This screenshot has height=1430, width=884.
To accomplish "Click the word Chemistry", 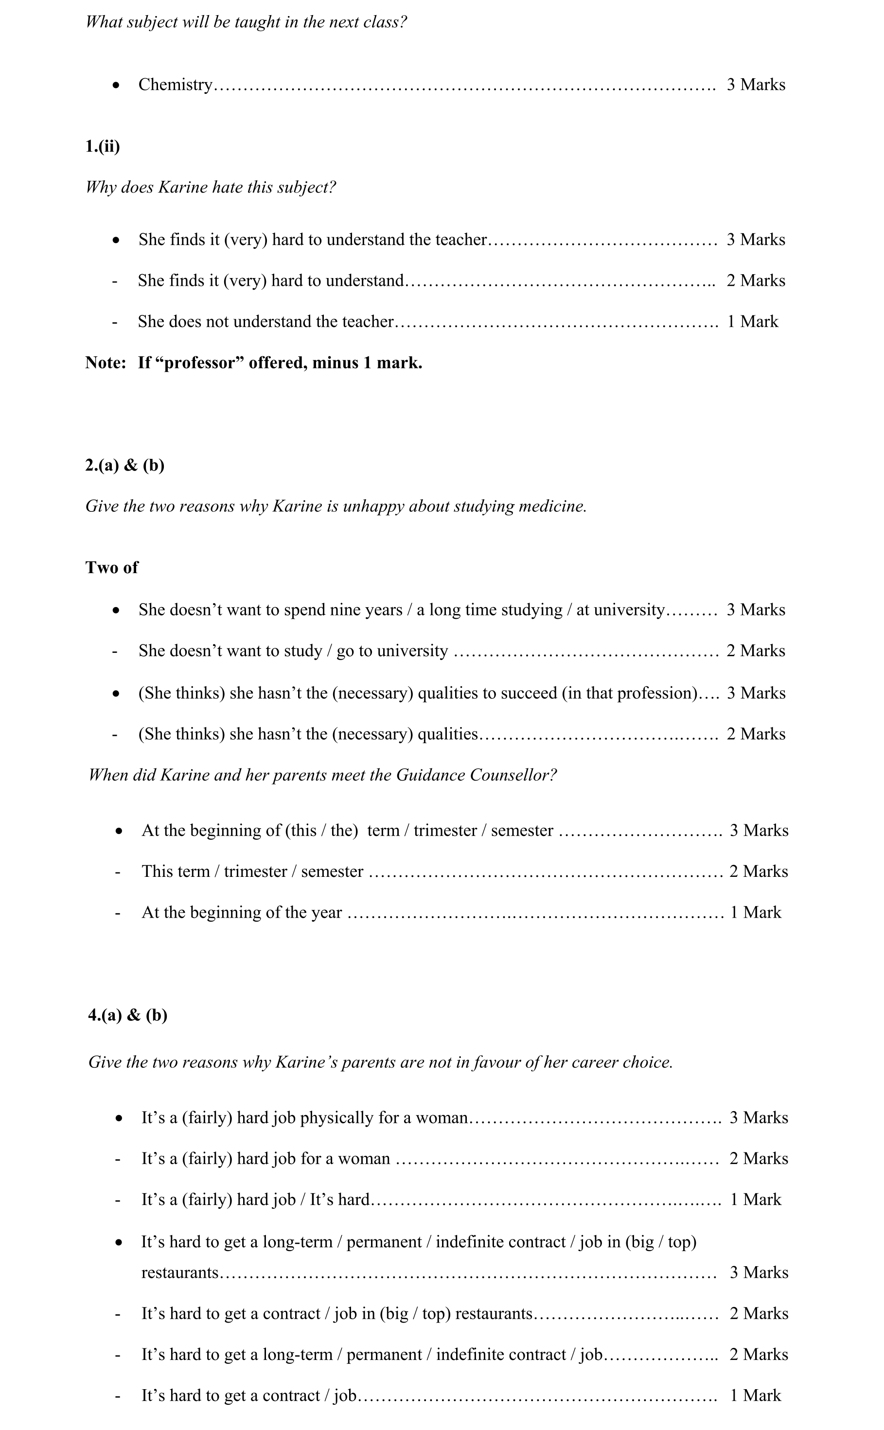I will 176,85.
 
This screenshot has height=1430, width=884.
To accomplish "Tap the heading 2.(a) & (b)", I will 124,465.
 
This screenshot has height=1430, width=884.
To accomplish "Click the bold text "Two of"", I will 112,567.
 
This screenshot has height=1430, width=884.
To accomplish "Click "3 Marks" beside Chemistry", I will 756,85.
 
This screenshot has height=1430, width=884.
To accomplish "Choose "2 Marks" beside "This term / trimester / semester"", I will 758,872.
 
